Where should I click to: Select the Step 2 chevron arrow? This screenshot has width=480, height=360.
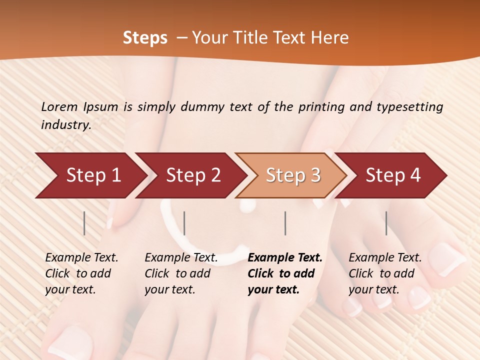coord(192,175)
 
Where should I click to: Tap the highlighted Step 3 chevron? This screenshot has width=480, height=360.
coord(292,175)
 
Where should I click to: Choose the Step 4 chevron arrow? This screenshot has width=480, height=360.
coord(393,175)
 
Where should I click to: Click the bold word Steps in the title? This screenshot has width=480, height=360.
coord(145,38)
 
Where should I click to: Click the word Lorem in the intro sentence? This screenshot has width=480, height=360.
coord(59,106)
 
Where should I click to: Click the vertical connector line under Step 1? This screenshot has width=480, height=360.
coord(84,223)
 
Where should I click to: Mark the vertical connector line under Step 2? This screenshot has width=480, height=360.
coord(184,223)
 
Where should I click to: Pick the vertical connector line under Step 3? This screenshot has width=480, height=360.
coord(285,223)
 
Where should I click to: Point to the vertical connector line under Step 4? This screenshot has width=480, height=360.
coord(386,223)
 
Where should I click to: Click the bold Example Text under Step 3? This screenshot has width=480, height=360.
coord(285,258)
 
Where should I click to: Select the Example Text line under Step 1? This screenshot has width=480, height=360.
coord(81,258)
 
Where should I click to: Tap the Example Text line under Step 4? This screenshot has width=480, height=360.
coord(385,258)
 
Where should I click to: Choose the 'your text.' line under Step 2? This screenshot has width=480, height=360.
coord(169,289)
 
